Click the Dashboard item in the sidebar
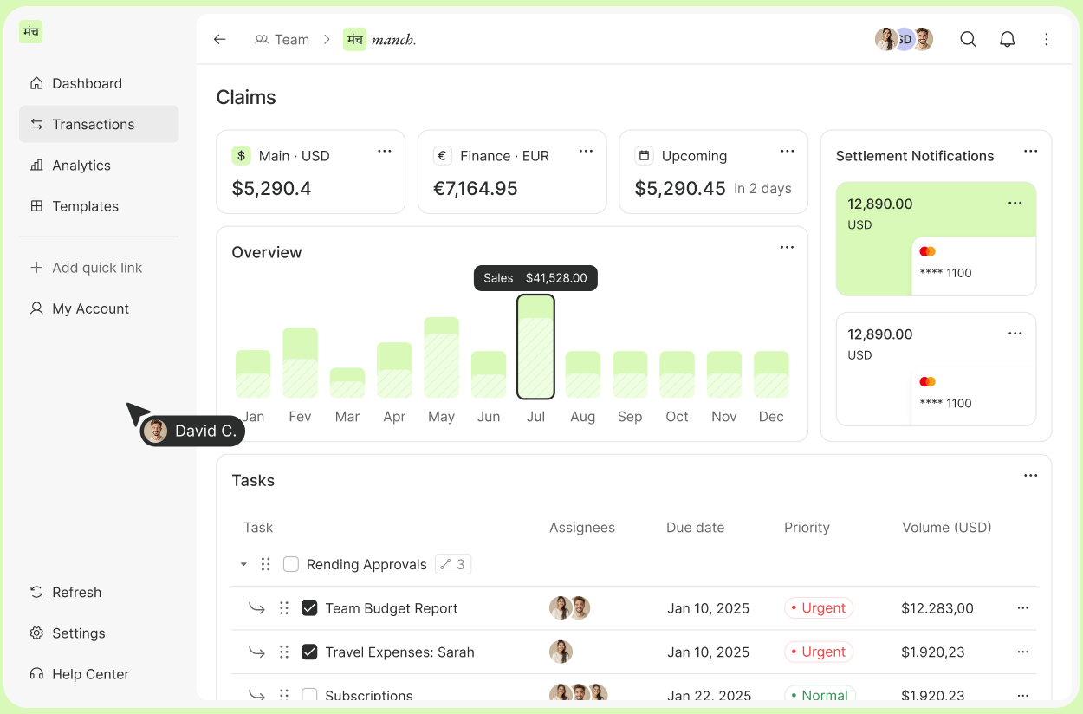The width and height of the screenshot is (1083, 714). point(87,83)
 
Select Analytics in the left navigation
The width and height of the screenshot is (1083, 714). point(81,166)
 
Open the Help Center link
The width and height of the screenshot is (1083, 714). point(90,674)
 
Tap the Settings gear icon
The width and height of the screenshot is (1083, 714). point(36,633)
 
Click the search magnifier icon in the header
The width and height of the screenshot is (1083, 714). point(968,39)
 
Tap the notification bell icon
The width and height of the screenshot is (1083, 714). point(1007,39)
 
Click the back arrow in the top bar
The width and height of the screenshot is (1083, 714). point(220,39)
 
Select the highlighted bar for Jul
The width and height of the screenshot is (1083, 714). point(535,347)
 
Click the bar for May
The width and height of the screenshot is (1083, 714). point(441,357)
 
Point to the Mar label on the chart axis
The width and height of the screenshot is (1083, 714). point(347,417)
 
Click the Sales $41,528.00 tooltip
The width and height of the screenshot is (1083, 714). point(535,278)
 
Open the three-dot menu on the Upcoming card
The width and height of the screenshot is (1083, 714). point(787,152)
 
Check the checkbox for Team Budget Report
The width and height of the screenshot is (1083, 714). point(309,608)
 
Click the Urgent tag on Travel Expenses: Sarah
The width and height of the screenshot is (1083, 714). point(819,652)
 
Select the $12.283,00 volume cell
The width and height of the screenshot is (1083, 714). point(937,608)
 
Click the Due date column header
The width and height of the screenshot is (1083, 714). point(695,528)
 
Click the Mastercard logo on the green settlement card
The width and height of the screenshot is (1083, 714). point(927,251)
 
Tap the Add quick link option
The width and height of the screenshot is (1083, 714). point(96,268)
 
